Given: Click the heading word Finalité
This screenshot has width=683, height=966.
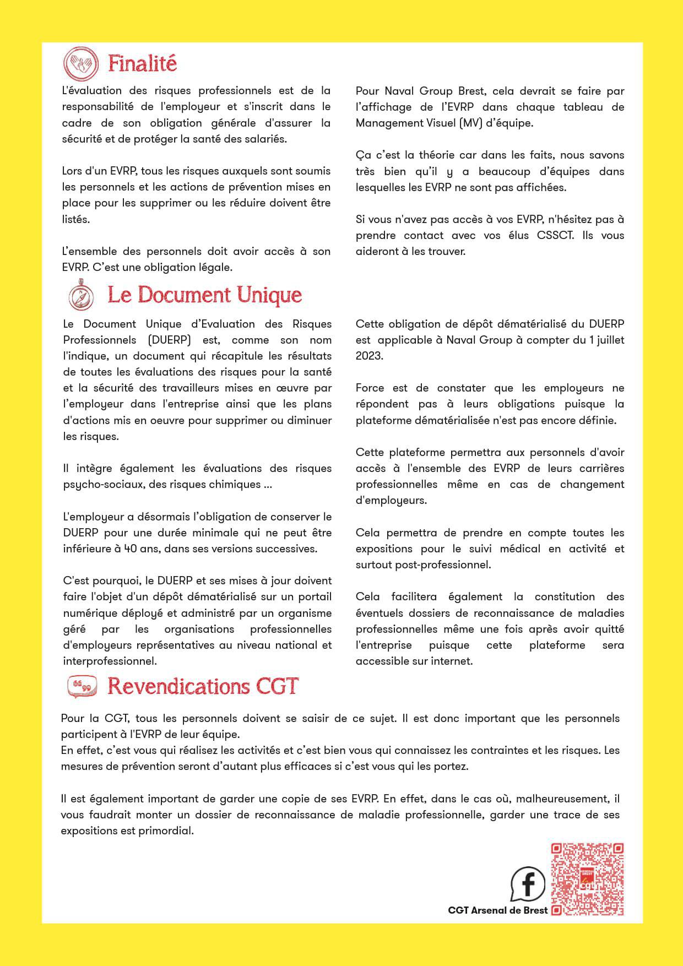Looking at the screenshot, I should coord(142,64).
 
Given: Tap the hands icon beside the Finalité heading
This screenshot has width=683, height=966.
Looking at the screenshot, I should coord(81,63).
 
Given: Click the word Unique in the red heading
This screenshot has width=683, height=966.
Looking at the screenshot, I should coord(269,295).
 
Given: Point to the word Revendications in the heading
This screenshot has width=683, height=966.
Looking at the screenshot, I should coord(177,686).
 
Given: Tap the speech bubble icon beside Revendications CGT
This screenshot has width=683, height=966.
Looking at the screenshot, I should coord(82,687).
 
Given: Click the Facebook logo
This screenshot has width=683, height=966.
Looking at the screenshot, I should coord(528,883).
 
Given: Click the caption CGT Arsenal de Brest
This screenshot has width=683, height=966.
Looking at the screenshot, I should coord(498,910).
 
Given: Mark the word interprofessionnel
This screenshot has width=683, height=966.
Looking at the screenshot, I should coord(109,661).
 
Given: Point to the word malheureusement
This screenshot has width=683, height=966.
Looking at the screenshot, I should coord(562,799).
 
